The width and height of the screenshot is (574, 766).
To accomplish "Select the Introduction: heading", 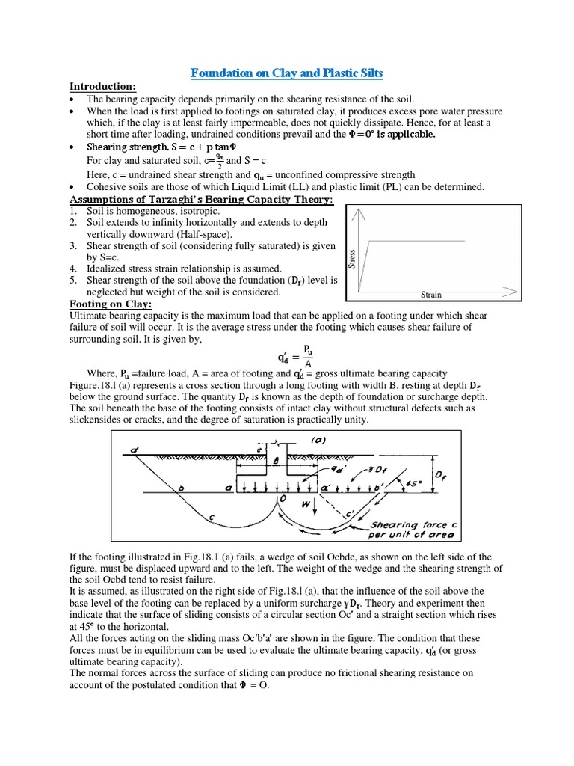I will click(102, 87).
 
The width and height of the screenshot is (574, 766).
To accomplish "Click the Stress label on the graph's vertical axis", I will click(351, 259).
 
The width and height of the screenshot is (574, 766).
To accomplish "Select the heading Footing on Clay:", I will click(111, 304).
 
